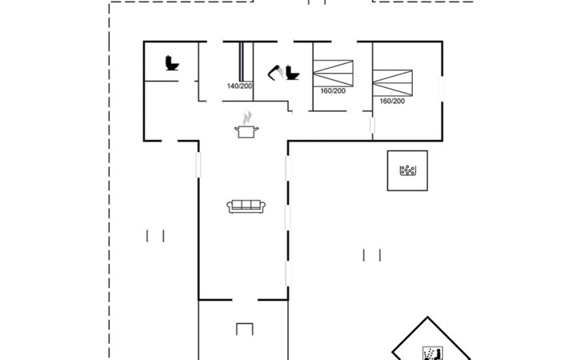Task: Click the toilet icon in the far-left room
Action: (x=172, y=63)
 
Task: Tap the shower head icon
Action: (x=275, y=72)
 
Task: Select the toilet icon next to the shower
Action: (x=292, y=73)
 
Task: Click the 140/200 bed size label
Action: (x=239, y=86)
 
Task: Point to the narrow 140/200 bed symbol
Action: (x=242, y=62)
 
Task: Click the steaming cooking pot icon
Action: (x=246, y=125)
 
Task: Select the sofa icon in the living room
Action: (x=246, y=206)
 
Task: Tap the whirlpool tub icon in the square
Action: (x=407, y=170)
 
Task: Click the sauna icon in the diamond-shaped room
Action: (x=433, y=354)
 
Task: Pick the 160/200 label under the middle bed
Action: (x=333, y=91)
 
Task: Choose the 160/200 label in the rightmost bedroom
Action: (x=392, y=101)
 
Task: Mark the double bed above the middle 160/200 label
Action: (x=333, y=74)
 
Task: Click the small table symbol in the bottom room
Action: (x=245, y=329)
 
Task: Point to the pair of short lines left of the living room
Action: (x=155, y=236)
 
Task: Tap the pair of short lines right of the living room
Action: (x=372, y=255)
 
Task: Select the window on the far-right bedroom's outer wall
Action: (x=442, y=88)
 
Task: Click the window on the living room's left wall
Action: (x=198, y=165)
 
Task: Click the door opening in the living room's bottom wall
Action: (x=245, y=299)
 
